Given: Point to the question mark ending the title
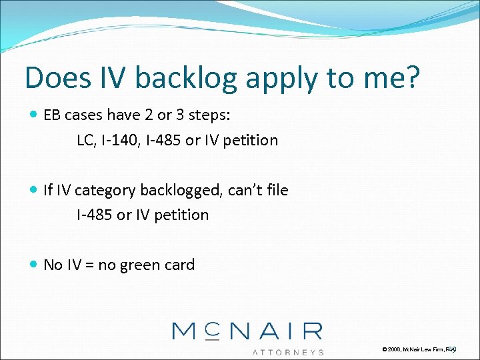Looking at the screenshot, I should (x=411, y=78).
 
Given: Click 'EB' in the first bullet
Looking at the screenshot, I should (x=52, y=115).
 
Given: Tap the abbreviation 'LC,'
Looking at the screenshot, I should (x=86, y=140).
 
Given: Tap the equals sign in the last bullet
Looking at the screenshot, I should (x=88, y=265).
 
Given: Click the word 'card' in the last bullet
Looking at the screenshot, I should (x=179, y=265).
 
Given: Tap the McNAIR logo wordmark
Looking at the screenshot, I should (x=247, y=331).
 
